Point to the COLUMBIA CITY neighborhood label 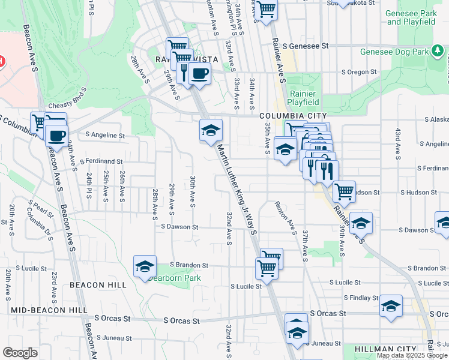click(293, 116)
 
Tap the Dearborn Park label click(174, 278)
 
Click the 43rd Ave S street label click(397, 143)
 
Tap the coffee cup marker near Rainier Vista click(199, 74)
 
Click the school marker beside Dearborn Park click(145, 266)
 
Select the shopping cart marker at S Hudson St click(344, 192)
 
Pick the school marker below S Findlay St click(391, 307)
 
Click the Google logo click(20, 353)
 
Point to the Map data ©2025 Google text click(411, 355)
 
